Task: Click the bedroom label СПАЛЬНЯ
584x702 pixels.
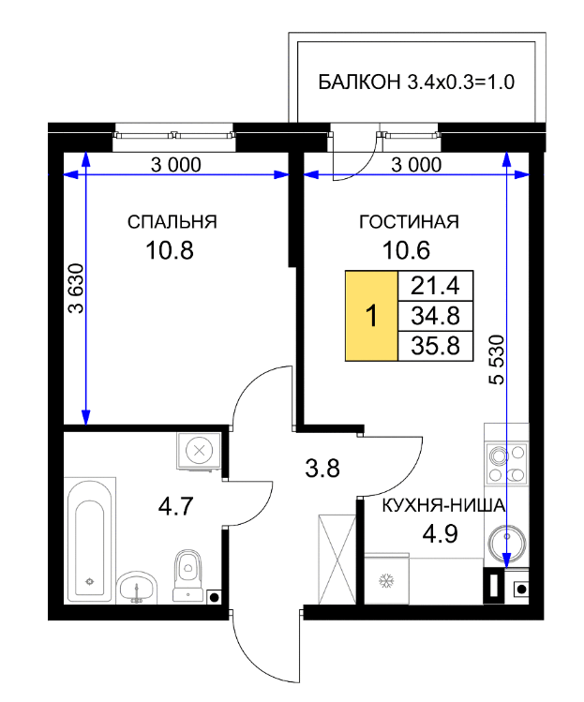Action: pyautogui.click(x=172, y=222)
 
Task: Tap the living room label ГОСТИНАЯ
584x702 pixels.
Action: pyautogui.click(x=409, y=222)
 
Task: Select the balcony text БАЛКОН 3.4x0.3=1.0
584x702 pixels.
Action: pyautogui.click(x=416, y=82)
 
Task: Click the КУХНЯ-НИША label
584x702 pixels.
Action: pyautogui.click(x=443, y=506)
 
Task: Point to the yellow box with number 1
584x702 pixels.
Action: pyautogui.click(x=372, y=316)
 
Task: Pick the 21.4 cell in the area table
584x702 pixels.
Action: pyautogui.click(x=435, y=286)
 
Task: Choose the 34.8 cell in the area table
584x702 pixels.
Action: pyautogui.click(x=435, y=316)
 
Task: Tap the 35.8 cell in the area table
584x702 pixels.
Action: pyautogui.click(x=435, y=346)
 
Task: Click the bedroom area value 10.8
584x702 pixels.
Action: pyautogui.click(x=170, y=250)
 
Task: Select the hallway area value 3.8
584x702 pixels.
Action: pyautogui.click(x=322, y=469)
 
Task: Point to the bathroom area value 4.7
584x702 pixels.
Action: pyautogui.click(x=175, y=506)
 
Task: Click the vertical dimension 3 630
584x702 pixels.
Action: pyautogui.click(x=76, y=289)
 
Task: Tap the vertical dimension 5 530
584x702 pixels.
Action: pyautogui.click(x=497, y=360)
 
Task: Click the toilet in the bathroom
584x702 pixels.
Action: pyautogui.click(x=187, y=575)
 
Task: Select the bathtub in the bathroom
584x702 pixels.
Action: pyautogui.click(x=90, y=541)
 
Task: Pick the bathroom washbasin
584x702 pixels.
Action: pyautogui.click(x=137, y=588)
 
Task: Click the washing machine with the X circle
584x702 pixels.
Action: pyautogui.click(x=199, y=451)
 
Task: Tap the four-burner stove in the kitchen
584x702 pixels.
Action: pyautogui.click(x=506, y=464)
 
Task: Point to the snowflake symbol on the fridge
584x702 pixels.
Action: pyautogui.click(x=386, y=581)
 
